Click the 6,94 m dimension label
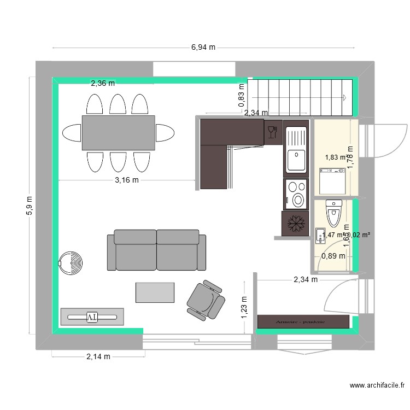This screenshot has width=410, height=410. [203, 48]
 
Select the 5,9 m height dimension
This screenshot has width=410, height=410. [29, 206]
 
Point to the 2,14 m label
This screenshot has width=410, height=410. [98, 357]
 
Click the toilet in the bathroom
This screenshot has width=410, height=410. [333, 212]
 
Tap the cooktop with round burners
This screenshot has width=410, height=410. [296, 194]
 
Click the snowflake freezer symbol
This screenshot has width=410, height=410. [296, 223]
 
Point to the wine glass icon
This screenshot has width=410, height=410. [272, 131]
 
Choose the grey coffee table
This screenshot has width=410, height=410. [155, 292]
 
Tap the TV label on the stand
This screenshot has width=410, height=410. [92, 317]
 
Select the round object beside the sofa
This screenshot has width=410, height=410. [71, 263]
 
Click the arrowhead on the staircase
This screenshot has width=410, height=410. [345, 98]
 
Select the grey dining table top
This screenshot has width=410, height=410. [118, 132]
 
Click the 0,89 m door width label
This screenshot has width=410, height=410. [333, 255]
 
